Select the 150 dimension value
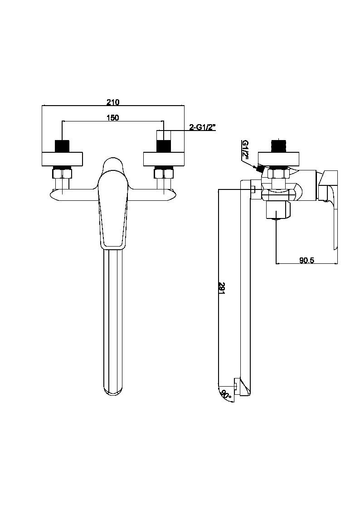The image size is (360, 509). click(112, 118)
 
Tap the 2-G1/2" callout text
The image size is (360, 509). click(202, 127)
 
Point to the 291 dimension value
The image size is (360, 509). click(222, 287)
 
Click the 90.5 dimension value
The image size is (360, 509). click(307, 260)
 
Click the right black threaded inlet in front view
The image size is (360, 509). click(163, 146)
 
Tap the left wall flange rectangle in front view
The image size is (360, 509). click(62, 160)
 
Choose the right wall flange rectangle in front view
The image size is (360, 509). click(164, 160)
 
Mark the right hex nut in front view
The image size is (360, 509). click(163, 173)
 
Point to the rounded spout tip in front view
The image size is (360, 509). click(112, 388)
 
